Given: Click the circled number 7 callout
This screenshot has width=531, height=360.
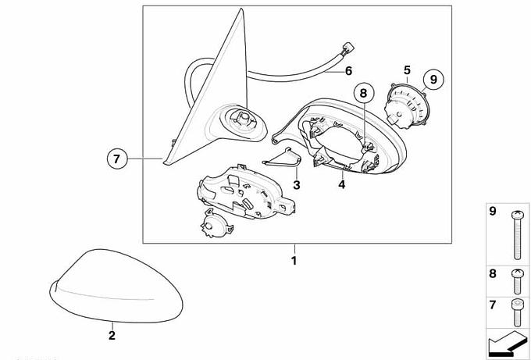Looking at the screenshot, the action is tap(117, 159).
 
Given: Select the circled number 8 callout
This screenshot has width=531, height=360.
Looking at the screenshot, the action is tap(363, 93).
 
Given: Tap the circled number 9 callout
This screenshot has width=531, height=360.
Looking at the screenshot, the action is tap(433, 80).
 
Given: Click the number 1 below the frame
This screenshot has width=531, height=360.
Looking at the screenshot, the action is tap(294, 261).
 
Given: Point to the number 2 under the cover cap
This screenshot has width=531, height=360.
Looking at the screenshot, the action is tap(112, 335).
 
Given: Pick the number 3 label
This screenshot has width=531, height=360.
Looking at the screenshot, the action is tap(297, 185).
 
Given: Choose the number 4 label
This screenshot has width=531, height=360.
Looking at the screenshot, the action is tap(342, 185).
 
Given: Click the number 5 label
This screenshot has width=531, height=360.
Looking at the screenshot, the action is tap(407, 70).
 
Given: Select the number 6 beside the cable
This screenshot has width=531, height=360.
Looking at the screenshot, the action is tap(348, 71).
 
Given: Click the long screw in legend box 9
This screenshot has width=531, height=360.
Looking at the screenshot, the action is tap(517, 235).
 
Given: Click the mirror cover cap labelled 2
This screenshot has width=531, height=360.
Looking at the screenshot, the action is tap(116, 286).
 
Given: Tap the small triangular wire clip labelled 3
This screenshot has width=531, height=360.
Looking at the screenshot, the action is tap(282, 158).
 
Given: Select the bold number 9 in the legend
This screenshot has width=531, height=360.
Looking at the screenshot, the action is tap(493, 212).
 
